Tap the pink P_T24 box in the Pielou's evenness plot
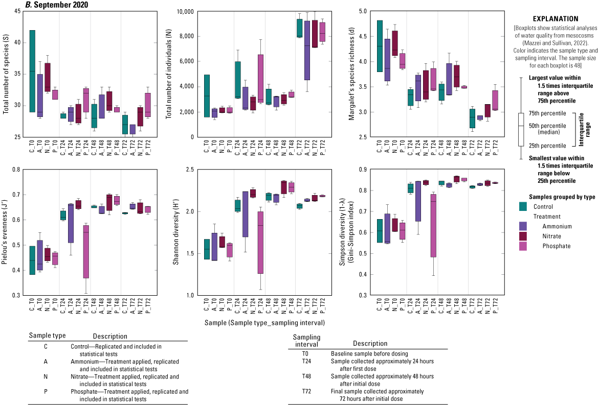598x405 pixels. tap(85, 251)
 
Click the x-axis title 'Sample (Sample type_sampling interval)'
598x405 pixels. tap(265, 323)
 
